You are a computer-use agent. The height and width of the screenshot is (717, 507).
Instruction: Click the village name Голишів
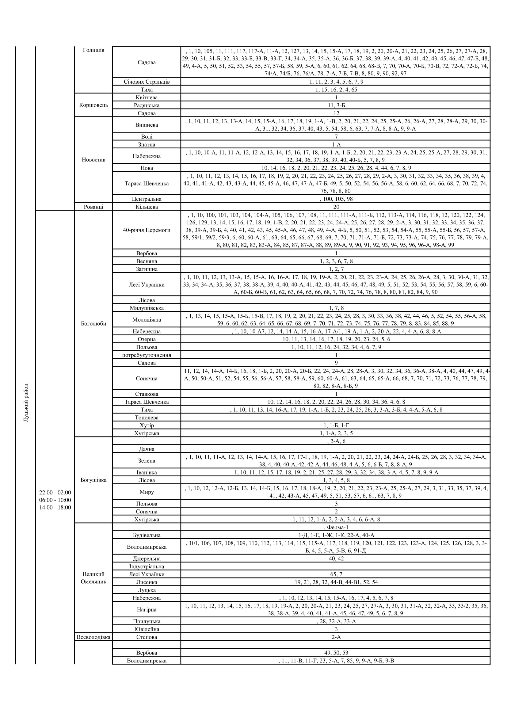[93, 50]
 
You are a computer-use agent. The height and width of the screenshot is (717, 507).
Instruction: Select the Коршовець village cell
[93, 105]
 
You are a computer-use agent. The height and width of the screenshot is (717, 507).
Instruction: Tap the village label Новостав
[93, 160]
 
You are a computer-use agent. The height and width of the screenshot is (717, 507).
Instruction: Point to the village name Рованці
[93, 207]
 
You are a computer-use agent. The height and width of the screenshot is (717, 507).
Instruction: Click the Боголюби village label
[93, 323]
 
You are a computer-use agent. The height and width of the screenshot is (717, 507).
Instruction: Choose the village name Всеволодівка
[93, 637]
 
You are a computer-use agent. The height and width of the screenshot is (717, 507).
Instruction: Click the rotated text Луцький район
[26, 403]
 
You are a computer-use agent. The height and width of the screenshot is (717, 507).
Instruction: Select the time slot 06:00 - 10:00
[55, 500]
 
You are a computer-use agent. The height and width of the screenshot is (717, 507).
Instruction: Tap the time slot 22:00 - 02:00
[55, 493]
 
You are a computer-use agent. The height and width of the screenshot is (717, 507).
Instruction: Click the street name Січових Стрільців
[147, 82]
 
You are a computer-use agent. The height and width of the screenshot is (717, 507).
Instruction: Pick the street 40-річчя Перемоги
[147, 230]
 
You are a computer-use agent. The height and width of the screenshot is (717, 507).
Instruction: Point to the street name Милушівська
[147, 308]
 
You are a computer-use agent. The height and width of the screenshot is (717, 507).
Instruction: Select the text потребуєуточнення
[147, 355]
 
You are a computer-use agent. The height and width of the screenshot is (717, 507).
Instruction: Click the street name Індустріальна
[147, 566]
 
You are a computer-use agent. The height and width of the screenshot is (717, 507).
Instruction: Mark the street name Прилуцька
[147, 621]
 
